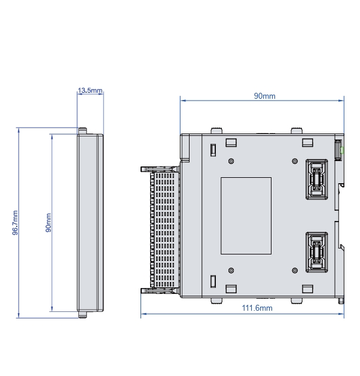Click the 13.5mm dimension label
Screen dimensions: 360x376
point(90,90)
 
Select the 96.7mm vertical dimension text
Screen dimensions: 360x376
point(15,223)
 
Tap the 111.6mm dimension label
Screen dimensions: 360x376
point(257,308)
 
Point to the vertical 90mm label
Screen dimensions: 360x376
point(48,223)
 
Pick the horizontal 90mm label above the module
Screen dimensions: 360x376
point(264,96)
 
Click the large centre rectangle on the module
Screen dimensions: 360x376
point(246,216)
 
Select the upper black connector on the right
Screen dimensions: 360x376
point(317,180)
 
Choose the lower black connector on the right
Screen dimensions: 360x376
point(317,252)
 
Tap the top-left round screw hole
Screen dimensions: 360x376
point(231,161)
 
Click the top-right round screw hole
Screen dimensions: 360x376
point(295,161)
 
